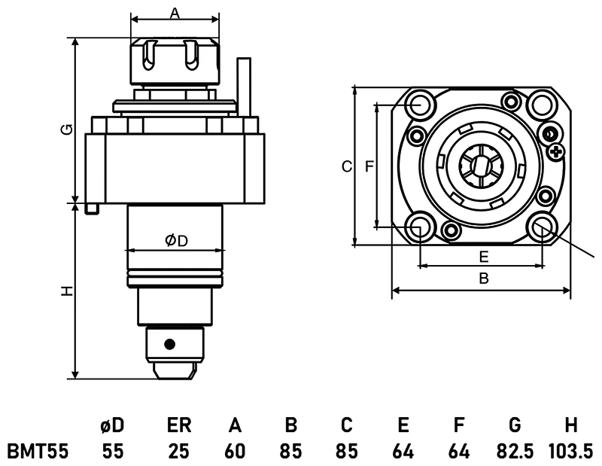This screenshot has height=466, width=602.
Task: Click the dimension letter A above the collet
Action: pyautogui.click(x=175, y=12)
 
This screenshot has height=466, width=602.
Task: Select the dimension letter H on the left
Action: pyautogui.click(x=67, y=291)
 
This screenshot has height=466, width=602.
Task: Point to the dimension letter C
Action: pyautogui.click(x=346, y=166)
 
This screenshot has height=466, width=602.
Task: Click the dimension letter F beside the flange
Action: pyautogui.click(x=369, y=166)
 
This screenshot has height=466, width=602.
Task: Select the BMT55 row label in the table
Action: pyautogui.click(x=38, y=451)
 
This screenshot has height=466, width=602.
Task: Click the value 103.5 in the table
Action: pyautogui.click(x=571, y=451)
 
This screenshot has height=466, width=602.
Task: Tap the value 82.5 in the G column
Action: pyautogui.click(x=515, y=451)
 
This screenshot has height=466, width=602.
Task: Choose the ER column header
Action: pyautogui.click(x=178, y=425)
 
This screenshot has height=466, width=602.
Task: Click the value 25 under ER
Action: pyautogui.click(x=178, y=451)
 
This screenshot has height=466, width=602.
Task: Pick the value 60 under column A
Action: pyautogui.click(x=235, y=451)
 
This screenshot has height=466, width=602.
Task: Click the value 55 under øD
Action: pyautogui.click(x=113, y=451)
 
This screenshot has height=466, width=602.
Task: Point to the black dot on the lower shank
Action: pyautogui.click(x=170, y=344)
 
